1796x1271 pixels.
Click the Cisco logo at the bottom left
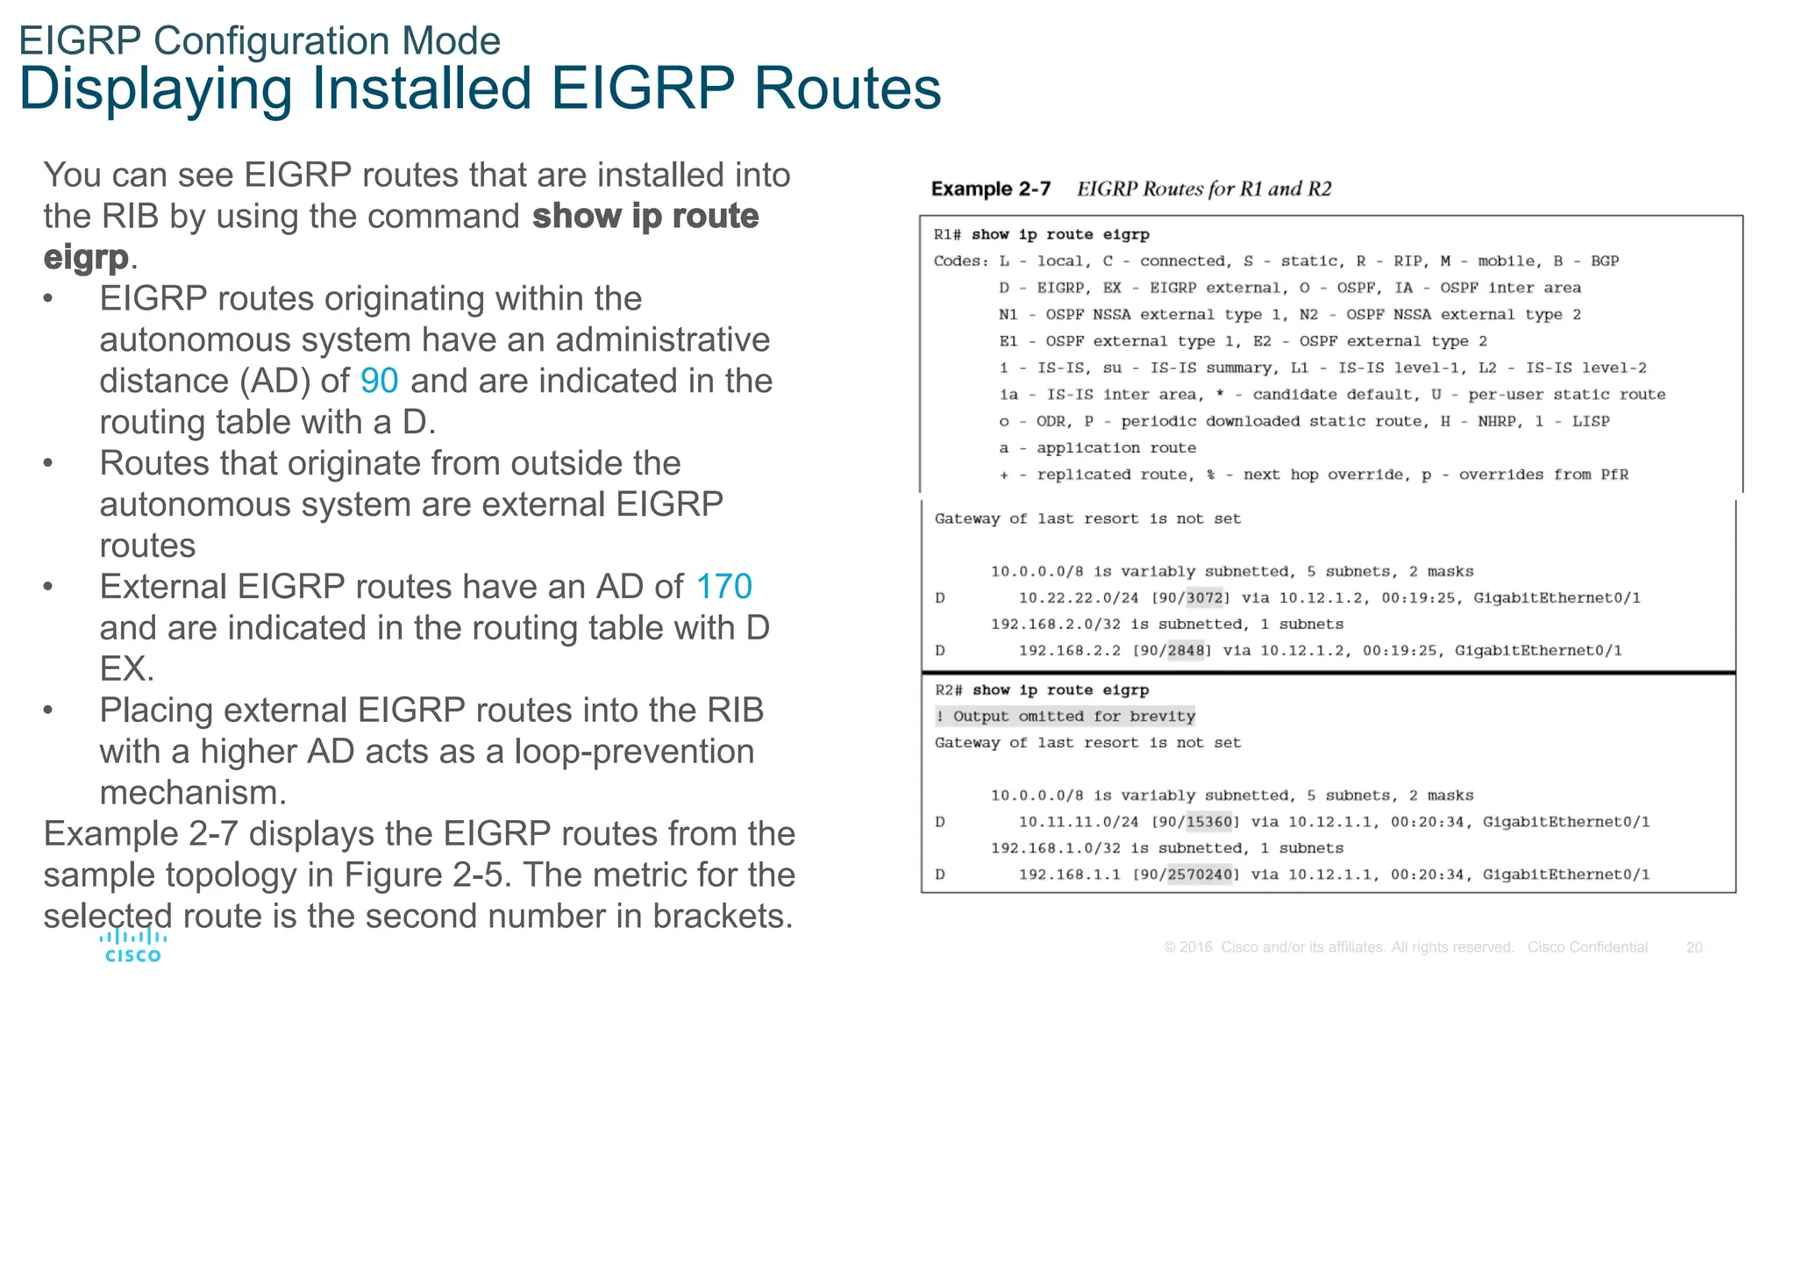[x=132, y=946]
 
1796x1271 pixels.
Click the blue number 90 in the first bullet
[x=379, y=381]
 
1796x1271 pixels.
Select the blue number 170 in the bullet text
[x=723, y=586]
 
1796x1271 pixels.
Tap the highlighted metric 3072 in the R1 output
[x=1204, y=598]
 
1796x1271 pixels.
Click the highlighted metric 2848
[x=1186, y=651]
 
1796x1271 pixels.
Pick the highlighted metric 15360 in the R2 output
[x=1208, y=822]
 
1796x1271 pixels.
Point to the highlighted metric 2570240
[x=1200, y=875]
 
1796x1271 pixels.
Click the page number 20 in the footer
[x=1694, y=947]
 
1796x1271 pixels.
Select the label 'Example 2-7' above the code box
[x=990, y=189]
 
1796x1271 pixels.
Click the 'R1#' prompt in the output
[x=947, y=235]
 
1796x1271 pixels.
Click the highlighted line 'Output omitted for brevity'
[x=1065, y=717]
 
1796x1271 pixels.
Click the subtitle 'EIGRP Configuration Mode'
[x=260, y=41]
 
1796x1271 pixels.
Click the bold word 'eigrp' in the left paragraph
[x=86, y=257]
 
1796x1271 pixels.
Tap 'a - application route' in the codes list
[x=1097, y=448]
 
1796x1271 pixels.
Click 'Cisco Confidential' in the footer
[x=1587, y=947]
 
